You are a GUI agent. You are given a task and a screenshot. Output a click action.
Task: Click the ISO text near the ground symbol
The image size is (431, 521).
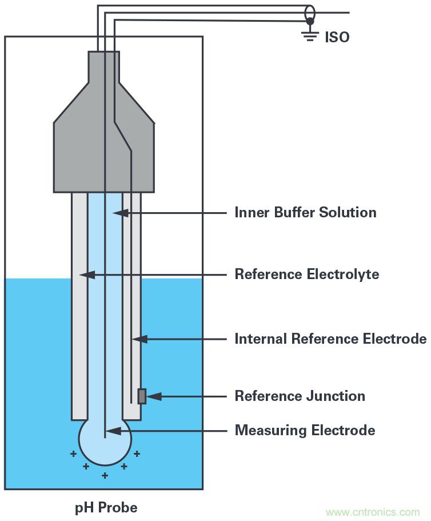tap(337, 37)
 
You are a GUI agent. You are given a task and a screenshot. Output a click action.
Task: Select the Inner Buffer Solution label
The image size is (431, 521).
tap(305, 213)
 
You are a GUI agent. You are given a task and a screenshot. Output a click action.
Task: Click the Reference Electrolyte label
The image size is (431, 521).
tap(306, 274)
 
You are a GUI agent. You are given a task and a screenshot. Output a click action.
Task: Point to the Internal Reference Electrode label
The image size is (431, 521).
tap(330, 339)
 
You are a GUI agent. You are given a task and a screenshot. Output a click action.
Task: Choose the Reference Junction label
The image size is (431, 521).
tap(300, 396)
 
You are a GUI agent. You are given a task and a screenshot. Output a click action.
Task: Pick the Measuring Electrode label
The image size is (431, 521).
tap(305, 430)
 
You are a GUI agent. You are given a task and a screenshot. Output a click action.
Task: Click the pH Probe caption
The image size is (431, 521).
tap(106, 507)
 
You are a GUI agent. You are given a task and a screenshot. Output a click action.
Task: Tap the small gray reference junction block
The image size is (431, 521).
tap(142, 396)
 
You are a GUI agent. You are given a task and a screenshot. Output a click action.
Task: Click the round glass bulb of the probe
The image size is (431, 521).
tap(105, 440)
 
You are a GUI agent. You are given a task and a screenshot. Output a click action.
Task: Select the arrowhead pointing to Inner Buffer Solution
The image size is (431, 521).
tap(118, 213)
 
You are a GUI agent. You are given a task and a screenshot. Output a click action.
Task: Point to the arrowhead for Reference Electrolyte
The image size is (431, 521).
tap(85, 275)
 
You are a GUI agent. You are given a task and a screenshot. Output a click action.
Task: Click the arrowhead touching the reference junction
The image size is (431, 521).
tap(153, 396)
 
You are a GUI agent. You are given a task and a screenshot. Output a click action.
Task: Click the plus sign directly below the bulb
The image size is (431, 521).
tap(105, 475)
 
